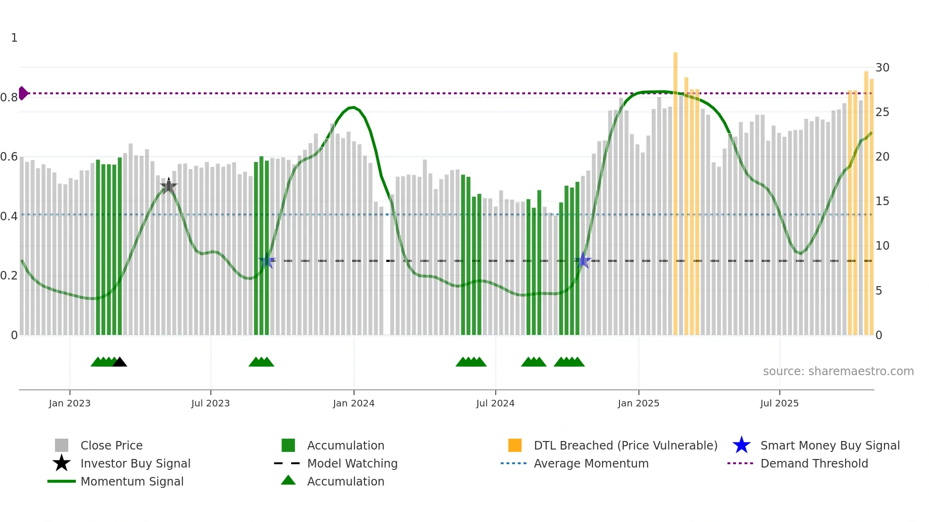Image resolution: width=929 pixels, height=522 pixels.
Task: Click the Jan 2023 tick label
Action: pyautogui.click(x=70, y=403)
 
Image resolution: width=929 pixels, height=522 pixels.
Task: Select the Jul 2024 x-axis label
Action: pyautogui.click(x=495, y=403)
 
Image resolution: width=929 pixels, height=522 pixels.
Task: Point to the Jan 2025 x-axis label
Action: pyautogui.click(x=638, y=403)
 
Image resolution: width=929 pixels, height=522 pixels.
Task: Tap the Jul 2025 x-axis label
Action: pyautogui.click(x=779, y=403)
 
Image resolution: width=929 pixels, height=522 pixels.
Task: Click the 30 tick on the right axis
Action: pyautogui.click(x=882, y=68)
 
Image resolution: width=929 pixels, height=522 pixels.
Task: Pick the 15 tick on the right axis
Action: pyautogui.click(x=882, y=201)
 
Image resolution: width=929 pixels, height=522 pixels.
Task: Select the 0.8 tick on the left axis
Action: pyautogui.click(x=9, y=98)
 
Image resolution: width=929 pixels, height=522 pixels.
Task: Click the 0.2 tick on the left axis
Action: pyautogui.click(x=9, y=276)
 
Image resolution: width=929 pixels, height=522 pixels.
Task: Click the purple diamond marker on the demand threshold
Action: pyautogui.click(x=23, y=93)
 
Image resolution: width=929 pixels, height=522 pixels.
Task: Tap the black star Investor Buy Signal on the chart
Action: pyautogui.click(x=169, y=186)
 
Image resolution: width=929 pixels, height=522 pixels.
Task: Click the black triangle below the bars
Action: pyautogui.click(x=120, y=362)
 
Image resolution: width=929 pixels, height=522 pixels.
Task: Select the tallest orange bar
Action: pyautogui.click(x=675, y=189)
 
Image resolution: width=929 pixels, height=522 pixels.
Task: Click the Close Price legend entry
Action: pyautogui.click(x=111, y=445)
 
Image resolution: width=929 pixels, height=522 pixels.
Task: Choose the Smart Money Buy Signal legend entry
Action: pyautogui.click(x=830, y=445)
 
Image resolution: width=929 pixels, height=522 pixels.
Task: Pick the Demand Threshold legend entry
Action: pyautogui.click(x=814, y=463)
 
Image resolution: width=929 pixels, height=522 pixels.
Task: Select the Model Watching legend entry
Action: pyautogui.click(x=352, y=463)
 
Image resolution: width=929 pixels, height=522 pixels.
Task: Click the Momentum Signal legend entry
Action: pyautogui.click(x=132, y=481)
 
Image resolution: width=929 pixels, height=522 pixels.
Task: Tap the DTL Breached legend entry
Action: pyautogui.click(x=625, y=445)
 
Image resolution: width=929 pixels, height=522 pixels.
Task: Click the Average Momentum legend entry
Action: pyautogui.click(x=591, y=463)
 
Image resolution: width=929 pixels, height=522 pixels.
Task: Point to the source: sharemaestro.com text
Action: pyautogui.click(x=838, y=371)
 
